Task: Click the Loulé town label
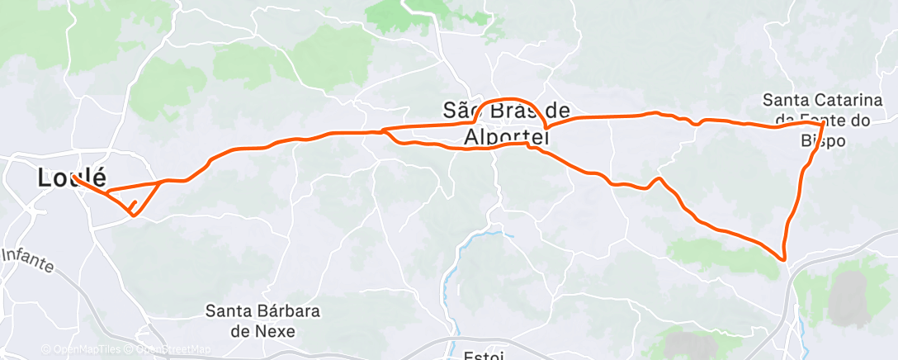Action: tap(72, 178)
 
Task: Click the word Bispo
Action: tap(823, 141)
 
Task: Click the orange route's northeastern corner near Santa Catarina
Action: tap(823, 124)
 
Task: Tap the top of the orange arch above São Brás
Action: tap(513, 98)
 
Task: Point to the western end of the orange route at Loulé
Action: tap(74, 177)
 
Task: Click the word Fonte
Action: tap(820, 121)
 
